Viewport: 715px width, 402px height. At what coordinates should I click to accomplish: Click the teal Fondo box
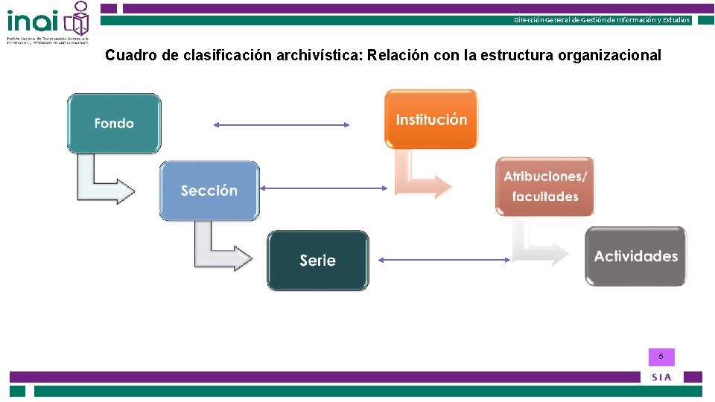tap(114, 124)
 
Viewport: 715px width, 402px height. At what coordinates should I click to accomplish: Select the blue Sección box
tap(209, 191)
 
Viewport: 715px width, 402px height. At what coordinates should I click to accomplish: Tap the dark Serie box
tap(318, 260)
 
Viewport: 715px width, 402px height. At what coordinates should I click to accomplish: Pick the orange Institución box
tap(431, 119)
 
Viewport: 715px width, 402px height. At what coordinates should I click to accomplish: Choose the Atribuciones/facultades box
tap(545, 186)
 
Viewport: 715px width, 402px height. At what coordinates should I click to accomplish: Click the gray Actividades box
tap(635, 256)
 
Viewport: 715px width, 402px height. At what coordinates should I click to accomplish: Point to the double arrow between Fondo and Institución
tap(282, 125)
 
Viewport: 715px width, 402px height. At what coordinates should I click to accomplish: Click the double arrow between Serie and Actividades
tap(443, 259)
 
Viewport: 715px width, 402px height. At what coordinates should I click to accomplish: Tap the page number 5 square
tap(661, 357)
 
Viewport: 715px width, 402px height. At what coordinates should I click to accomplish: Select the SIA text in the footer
tap(661, 377)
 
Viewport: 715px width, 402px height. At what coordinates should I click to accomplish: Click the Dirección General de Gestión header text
tap(602, 20)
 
